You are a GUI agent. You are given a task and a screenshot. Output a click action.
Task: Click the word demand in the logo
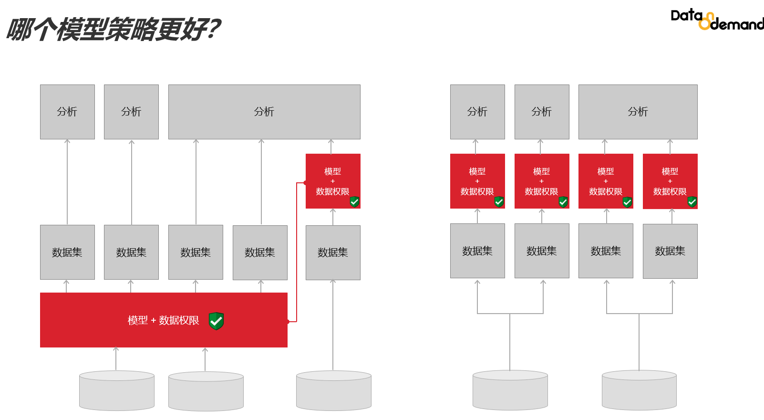737,24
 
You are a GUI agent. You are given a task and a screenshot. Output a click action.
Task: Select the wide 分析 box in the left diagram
264,112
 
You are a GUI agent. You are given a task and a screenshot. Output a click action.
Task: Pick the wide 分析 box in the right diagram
638,112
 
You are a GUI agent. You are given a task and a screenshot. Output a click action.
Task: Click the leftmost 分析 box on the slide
67,112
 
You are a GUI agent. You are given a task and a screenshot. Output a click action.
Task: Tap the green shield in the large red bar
216,321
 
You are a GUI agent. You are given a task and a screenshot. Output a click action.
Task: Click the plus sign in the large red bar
154,321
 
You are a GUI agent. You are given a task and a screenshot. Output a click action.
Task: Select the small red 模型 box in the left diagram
333,181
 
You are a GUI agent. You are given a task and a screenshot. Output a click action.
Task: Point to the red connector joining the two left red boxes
297,253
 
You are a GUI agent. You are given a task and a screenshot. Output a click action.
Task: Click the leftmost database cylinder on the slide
117,390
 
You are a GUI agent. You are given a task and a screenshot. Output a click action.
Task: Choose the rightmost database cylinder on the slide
639,390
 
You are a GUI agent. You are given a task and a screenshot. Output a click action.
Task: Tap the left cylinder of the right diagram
510,390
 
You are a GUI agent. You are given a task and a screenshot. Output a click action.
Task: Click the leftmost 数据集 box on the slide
67,252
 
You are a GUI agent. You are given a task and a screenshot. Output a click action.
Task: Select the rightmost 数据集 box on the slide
670,251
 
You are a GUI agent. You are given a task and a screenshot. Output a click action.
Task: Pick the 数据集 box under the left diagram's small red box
333,252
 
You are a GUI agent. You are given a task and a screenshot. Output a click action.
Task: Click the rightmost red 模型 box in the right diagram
670,181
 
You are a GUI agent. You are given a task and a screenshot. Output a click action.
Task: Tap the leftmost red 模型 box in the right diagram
477,181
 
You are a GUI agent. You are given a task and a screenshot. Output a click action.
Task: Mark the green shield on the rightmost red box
692,202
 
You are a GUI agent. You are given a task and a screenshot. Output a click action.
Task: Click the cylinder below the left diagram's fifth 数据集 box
334,390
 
